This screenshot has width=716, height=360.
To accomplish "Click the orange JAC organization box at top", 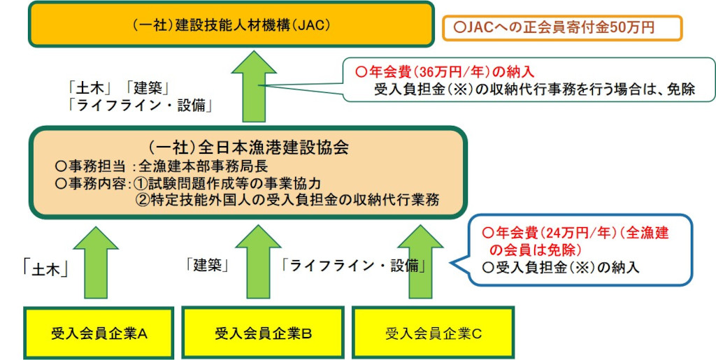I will point(231,24).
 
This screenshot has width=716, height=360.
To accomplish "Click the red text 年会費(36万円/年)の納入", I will point(445,71).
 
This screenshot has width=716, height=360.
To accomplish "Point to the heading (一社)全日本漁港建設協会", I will point(248,147).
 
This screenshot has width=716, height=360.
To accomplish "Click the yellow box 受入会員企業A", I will point(99,333).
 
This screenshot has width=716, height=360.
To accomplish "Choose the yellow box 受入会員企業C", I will point(433,333).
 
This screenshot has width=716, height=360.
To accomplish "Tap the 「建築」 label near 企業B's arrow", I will point(207,265).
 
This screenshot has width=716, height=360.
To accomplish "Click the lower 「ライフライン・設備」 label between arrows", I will point(354,265).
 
